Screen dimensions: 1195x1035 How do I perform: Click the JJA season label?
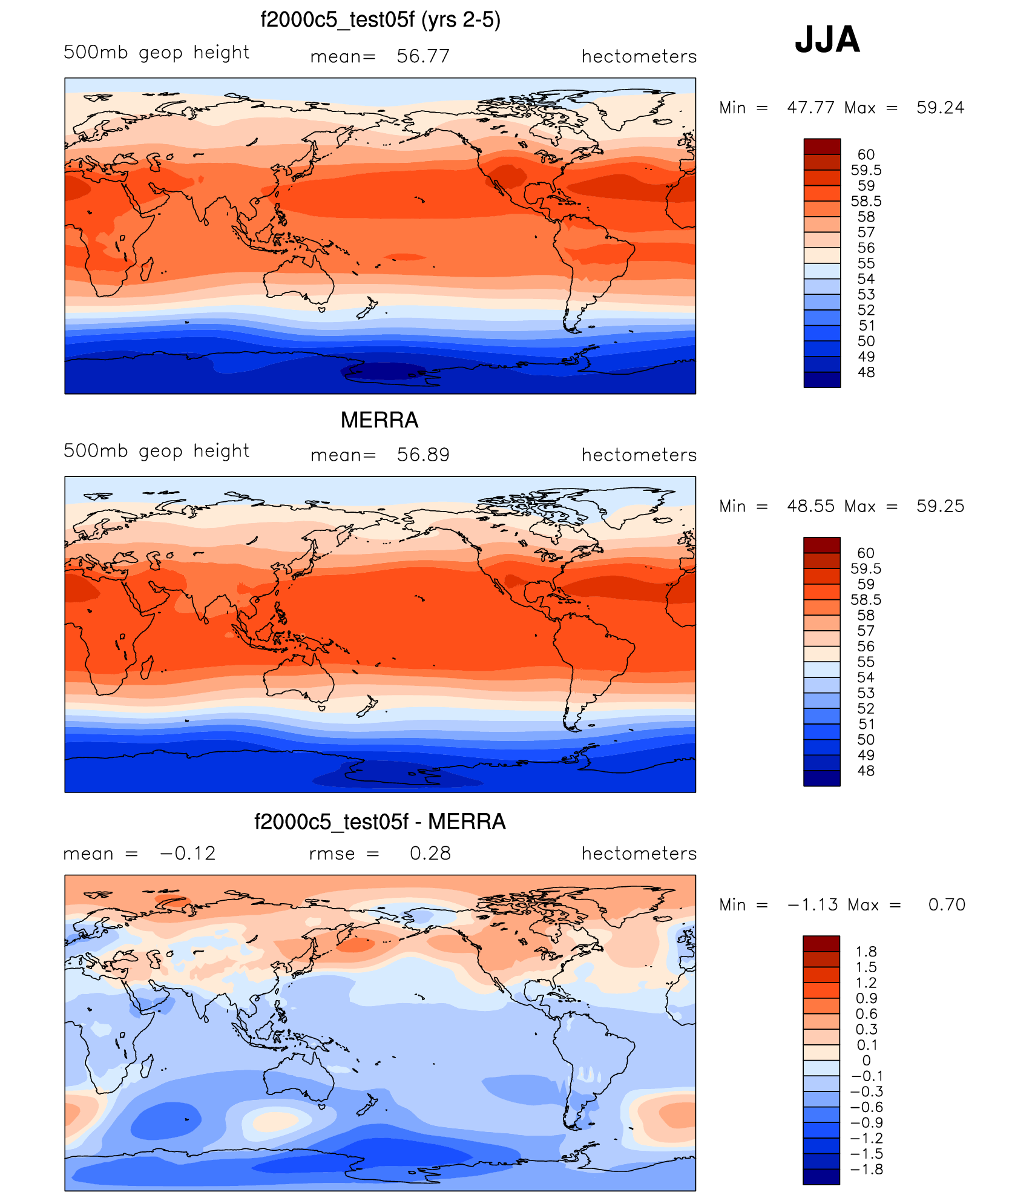click(x=827, y=40)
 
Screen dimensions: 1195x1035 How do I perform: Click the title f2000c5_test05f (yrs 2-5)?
click(x=380, y=20)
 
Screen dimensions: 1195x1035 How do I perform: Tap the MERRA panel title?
click(x=379, y=420)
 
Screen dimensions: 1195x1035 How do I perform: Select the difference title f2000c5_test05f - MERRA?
click(x=379, y=821)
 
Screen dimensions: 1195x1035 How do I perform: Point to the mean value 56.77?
click(x=423, y=56)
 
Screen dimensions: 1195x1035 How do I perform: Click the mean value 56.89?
click(x=423, y=455)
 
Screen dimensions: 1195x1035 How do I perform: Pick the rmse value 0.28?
click(x=430, y=853)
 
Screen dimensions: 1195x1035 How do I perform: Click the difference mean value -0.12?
click(x=188, y=853)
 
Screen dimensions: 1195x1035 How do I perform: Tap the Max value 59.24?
click(x=940, y=108)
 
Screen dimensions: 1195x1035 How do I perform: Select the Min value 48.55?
click(x=810, y=506)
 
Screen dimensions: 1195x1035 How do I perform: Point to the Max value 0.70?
click(x=947, y=904)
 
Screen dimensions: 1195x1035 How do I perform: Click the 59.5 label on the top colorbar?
click(x=866, y=170)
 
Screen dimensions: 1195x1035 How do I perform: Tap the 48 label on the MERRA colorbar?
click(x=866, y=771)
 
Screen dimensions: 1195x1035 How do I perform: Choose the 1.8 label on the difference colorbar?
click(x=866, y=952)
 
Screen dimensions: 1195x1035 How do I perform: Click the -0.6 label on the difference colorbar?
click(x=866, y=1107)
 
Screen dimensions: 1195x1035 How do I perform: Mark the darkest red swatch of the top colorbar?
click(x=822, y=146)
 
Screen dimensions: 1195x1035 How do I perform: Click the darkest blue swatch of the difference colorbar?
click(x=821, y=1176)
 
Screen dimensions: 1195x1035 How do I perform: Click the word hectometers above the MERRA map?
click(x=639, y=455)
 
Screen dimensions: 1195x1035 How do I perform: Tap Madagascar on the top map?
click(x=146, y=268)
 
